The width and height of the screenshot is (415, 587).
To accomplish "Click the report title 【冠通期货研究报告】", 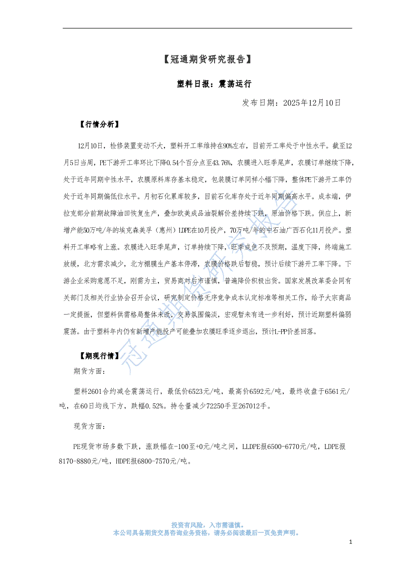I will pos(207,60).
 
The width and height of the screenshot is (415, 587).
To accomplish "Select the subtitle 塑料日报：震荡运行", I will pos(207,84).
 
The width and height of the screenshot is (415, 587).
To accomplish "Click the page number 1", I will pos(351,542).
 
